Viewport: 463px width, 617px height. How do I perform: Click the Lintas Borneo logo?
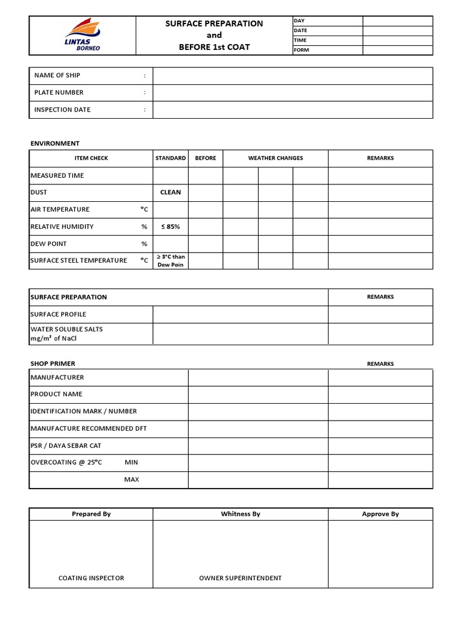pos(83,35)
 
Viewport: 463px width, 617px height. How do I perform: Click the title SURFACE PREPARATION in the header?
pos(214,23)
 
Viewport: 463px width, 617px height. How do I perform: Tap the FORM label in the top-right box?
pos(301,50)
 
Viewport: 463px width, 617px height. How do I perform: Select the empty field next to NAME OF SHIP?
pos(292,75)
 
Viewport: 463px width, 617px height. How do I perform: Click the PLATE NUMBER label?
pos(59,93)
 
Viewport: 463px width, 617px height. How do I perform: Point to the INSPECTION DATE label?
pos(63,110)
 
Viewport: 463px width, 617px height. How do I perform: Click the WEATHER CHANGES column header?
pos(276,158)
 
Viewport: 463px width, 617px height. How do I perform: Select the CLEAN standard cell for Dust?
pos(171,192)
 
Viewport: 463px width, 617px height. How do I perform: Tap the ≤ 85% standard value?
pos(171,227)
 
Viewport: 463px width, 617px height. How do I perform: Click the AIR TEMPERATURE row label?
pos(60,209)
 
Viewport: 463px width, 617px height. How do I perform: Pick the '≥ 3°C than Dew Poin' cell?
pos(171,261)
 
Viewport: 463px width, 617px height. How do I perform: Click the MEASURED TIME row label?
pos(57,175)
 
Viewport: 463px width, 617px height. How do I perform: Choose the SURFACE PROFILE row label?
pos(58,314)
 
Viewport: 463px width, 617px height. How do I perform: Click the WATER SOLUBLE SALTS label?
pos(67,329)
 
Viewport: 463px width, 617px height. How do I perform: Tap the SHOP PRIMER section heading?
pos(53,363)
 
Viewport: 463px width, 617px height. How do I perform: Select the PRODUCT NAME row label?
pos(57,394)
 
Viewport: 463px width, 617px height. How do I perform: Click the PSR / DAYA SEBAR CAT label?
pos(66,445)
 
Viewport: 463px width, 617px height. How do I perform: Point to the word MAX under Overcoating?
pos(131,480)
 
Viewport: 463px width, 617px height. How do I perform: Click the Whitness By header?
pos(240,514)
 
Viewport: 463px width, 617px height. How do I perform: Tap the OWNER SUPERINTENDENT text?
pos(240,578)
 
